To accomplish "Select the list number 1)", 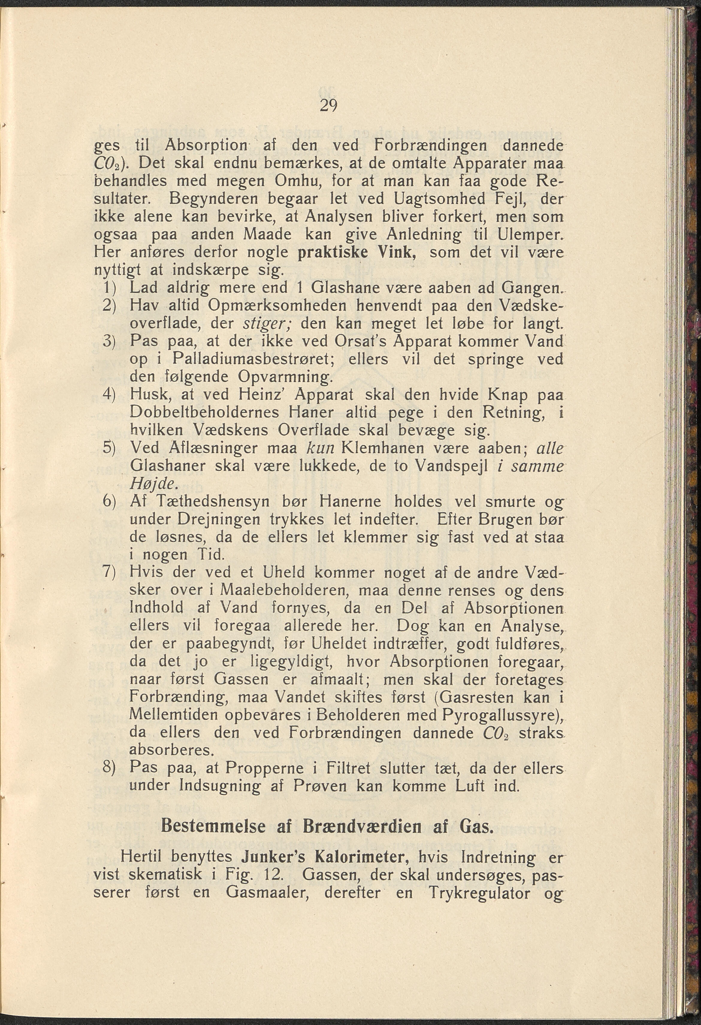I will [x=109, y=288].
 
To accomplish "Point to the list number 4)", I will [x=109, y=394].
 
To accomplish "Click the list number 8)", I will [x=109, y=768].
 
